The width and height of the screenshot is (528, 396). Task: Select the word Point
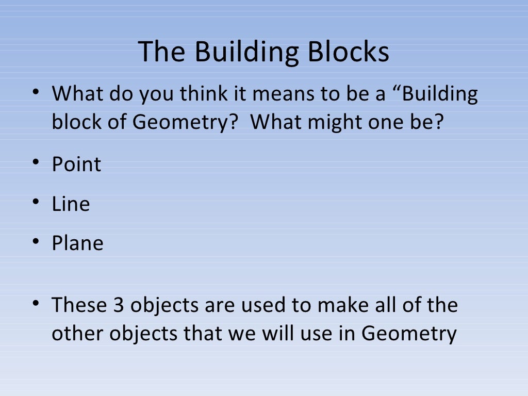click(76, 164)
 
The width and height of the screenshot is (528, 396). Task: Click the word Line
click(71, 204)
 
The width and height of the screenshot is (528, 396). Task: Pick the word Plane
click(77, 243)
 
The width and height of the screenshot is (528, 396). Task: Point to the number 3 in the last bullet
click(117, 305)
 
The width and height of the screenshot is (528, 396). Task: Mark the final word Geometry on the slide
click(409, 333)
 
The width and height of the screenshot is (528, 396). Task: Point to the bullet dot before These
click(35, 304)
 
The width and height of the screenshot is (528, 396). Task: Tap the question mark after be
click(437, 123)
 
